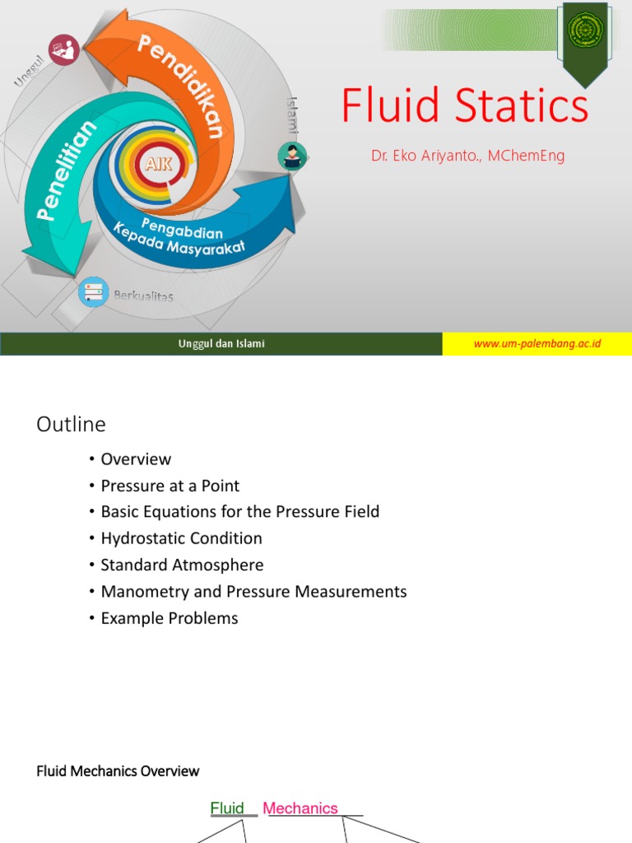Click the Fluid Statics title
click(x=465, y=107)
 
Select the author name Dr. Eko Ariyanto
click(x=467, y=156)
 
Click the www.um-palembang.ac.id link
click(x=537, y=343)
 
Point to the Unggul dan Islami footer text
click(x=221, y=343)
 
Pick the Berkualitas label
click(x=144, y=296)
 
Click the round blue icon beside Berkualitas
click(x=93, y=292)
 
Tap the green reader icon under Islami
click(x=291, y=156)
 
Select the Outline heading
click(x=71, y=424)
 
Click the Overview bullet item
click(x=136, y=459)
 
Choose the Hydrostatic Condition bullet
click(x=181, y=538)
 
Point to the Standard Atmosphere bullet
click(x=182, y=565)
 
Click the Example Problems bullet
click(x=170, y=618)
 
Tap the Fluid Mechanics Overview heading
click(x=118, y=771)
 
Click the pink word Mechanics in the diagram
click(x=300, y=808)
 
